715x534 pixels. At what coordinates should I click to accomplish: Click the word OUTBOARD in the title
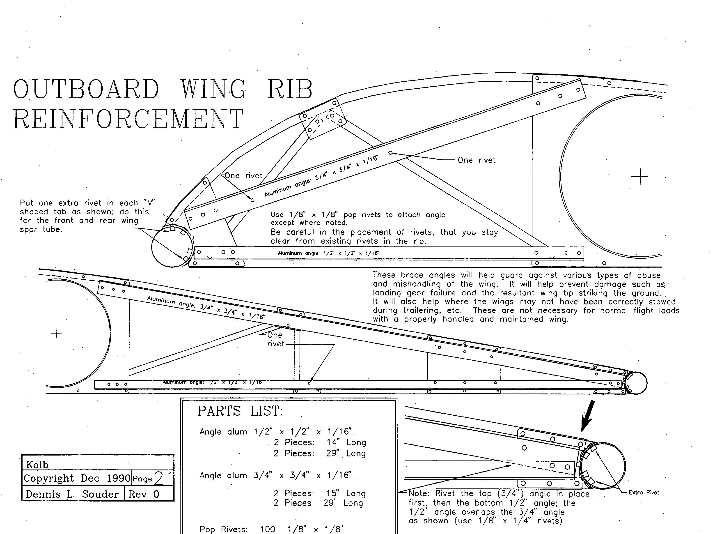(x=86, y=89)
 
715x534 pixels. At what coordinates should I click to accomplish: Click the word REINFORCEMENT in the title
(x=128, y=119)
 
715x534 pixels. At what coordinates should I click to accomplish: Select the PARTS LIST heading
(x=240, y=411)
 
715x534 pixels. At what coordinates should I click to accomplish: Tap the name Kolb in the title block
(x=37, y=465)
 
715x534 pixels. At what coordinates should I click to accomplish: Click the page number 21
(x=163, y=478)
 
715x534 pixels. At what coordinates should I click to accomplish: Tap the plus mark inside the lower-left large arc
(x=56, y=333)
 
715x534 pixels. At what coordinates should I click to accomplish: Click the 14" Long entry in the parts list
(x=346, y=442)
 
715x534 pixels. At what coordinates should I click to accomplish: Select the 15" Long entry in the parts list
(x=346, y=493)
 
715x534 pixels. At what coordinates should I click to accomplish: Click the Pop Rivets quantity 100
(x=268, y=529)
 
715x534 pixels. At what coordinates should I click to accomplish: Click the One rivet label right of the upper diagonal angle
(x=476, y=160)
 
